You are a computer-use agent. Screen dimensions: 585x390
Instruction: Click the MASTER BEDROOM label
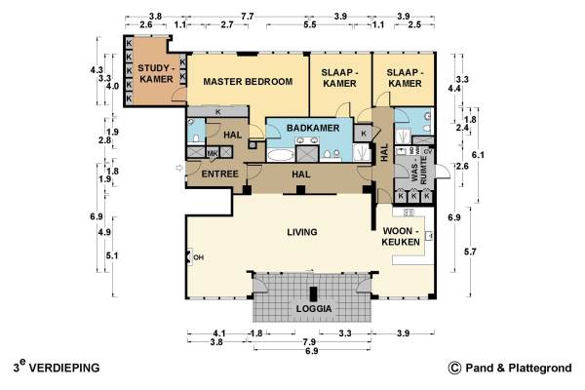(x=248, y=81)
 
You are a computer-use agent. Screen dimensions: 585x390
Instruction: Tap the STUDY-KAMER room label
(x=156, y=73)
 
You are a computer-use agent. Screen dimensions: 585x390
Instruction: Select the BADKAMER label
(x=313, y=128)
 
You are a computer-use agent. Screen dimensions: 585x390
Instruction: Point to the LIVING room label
(x=302, y=232)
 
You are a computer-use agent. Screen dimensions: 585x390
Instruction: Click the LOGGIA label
(x=314, y=309)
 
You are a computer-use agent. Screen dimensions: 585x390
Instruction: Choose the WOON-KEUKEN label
(x=401, y=236)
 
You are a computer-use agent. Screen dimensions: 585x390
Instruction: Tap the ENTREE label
(x=219, y=174)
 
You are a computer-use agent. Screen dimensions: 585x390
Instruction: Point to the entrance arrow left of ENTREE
(x=179, y=169)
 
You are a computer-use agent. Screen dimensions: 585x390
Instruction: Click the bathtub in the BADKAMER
(x=281, y=155)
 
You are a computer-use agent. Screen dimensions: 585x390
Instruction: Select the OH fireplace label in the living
(x=198, y=257)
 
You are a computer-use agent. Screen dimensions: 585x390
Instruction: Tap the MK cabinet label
(x=213, y=153)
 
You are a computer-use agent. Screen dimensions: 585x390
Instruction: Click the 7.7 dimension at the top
(x=247, y=17)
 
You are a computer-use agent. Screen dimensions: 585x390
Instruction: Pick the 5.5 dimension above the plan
(x=310, y=24)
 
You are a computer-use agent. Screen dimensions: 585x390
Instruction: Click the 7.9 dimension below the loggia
(x=309, y=342)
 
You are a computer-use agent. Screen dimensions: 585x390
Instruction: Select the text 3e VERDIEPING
(x=57, y=367)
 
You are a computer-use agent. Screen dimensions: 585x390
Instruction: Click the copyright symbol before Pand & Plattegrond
(x=454, y=368)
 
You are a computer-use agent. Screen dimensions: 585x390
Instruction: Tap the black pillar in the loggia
(x=313, y=293)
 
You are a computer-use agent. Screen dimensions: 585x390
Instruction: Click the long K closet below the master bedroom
(x=217, y=111)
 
